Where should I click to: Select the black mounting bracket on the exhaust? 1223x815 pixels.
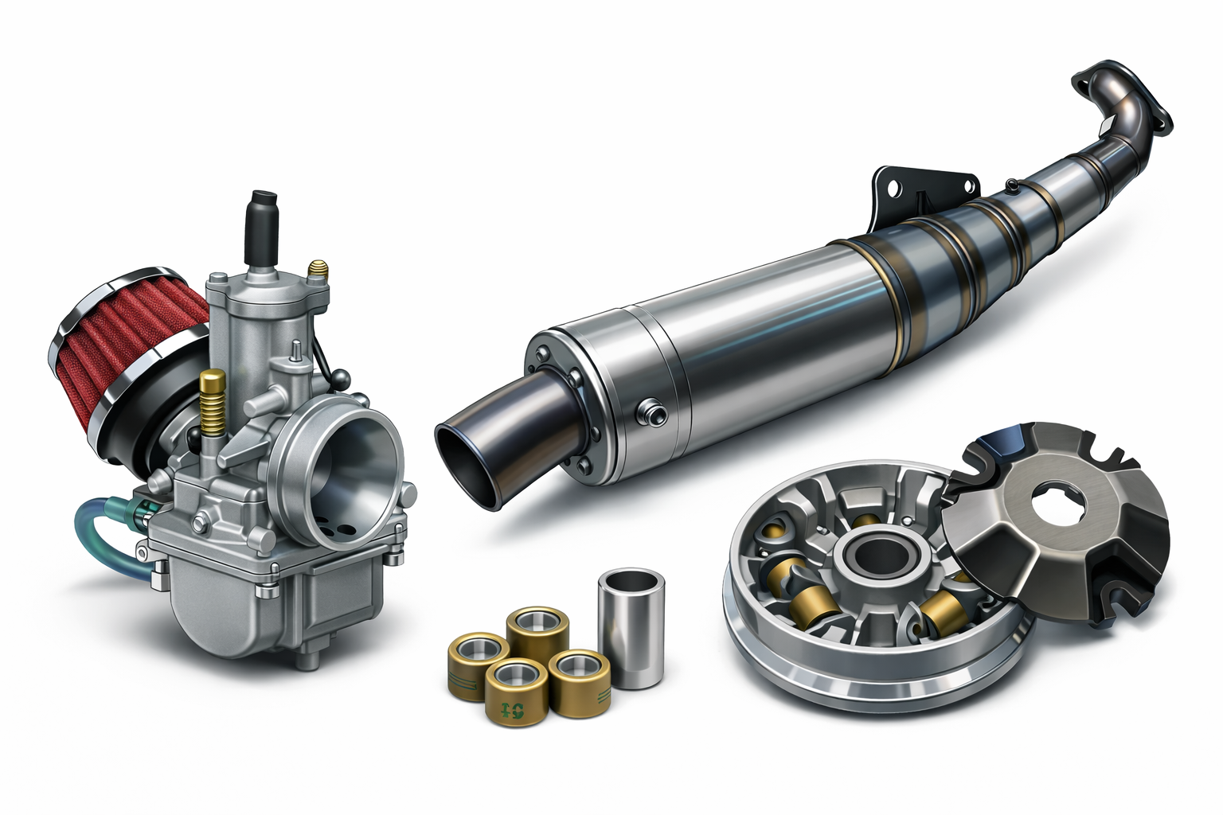coord(924,187)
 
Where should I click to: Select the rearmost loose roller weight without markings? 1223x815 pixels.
coord(539,629)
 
